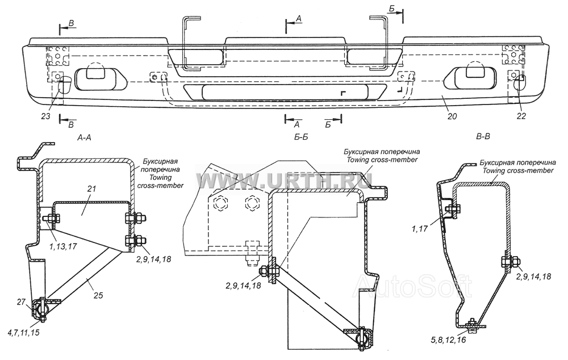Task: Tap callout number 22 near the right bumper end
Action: [521, 116]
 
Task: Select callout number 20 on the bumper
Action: [452, 116]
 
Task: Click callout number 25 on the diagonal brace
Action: [98, 295]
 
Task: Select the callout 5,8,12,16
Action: [449, 340]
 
